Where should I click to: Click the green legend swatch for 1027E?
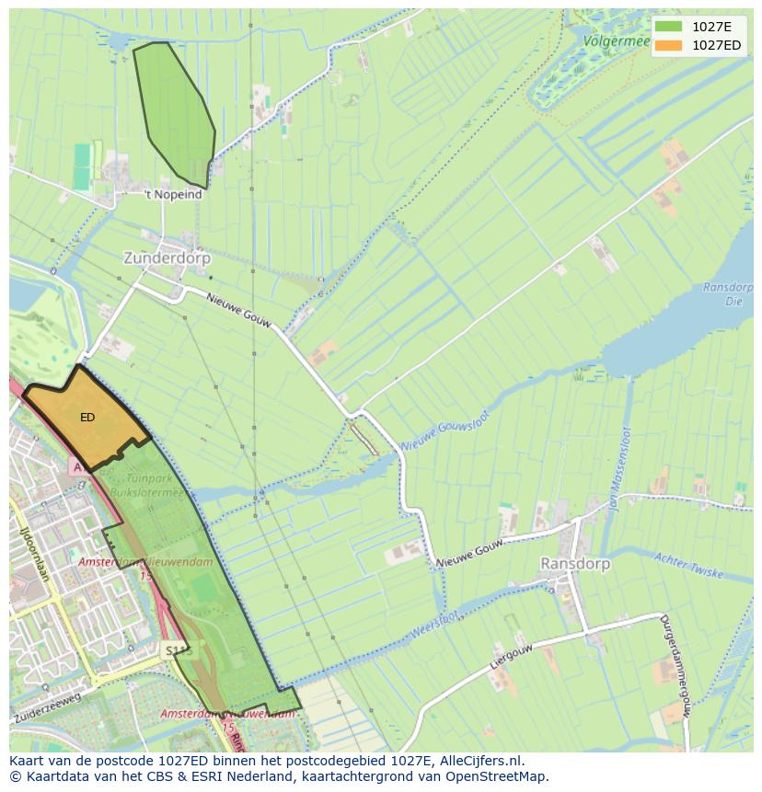click(669, 27)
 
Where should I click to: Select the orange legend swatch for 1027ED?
click(669, 45)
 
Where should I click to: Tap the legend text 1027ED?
click(717, 45)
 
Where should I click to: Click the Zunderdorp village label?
click(167, 259)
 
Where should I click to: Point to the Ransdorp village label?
click(576, 563)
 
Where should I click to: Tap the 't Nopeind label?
click(173, 195)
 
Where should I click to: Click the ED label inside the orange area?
click(87, 418)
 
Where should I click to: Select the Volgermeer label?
click(616, 40)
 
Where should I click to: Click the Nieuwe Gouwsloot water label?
click(446, 430)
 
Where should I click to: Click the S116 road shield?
click(176, 650)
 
